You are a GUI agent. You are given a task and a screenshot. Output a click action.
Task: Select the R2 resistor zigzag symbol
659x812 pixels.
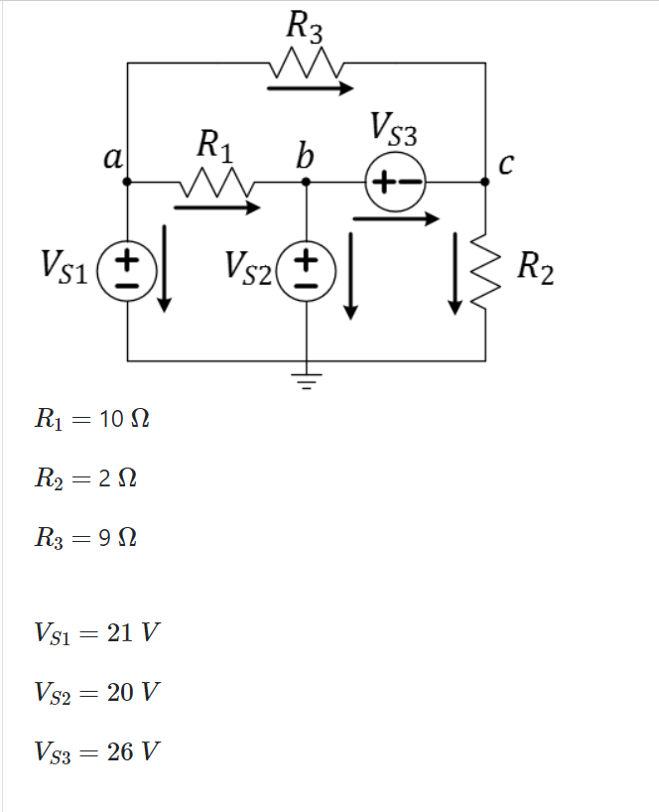(485, 270)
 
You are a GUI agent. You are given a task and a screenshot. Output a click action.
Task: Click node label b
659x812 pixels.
(305, 156)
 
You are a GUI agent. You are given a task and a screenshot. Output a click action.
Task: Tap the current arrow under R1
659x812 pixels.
(216, 207)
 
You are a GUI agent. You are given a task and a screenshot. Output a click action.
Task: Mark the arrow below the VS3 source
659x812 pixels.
(395, 219)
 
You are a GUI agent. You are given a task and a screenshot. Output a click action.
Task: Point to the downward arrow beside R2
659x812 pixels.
(456, 273)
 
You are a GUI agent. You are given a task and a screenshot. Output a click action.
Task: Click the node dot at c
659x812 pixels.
(485, 182)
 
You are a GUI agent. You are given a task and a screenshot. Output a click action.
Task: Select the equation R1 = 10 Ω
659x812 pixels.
(91, 418)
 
